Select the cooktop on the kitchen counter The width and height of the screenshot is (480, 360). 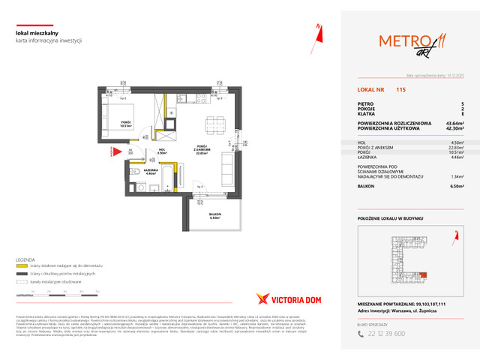[x=199, y=100]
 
